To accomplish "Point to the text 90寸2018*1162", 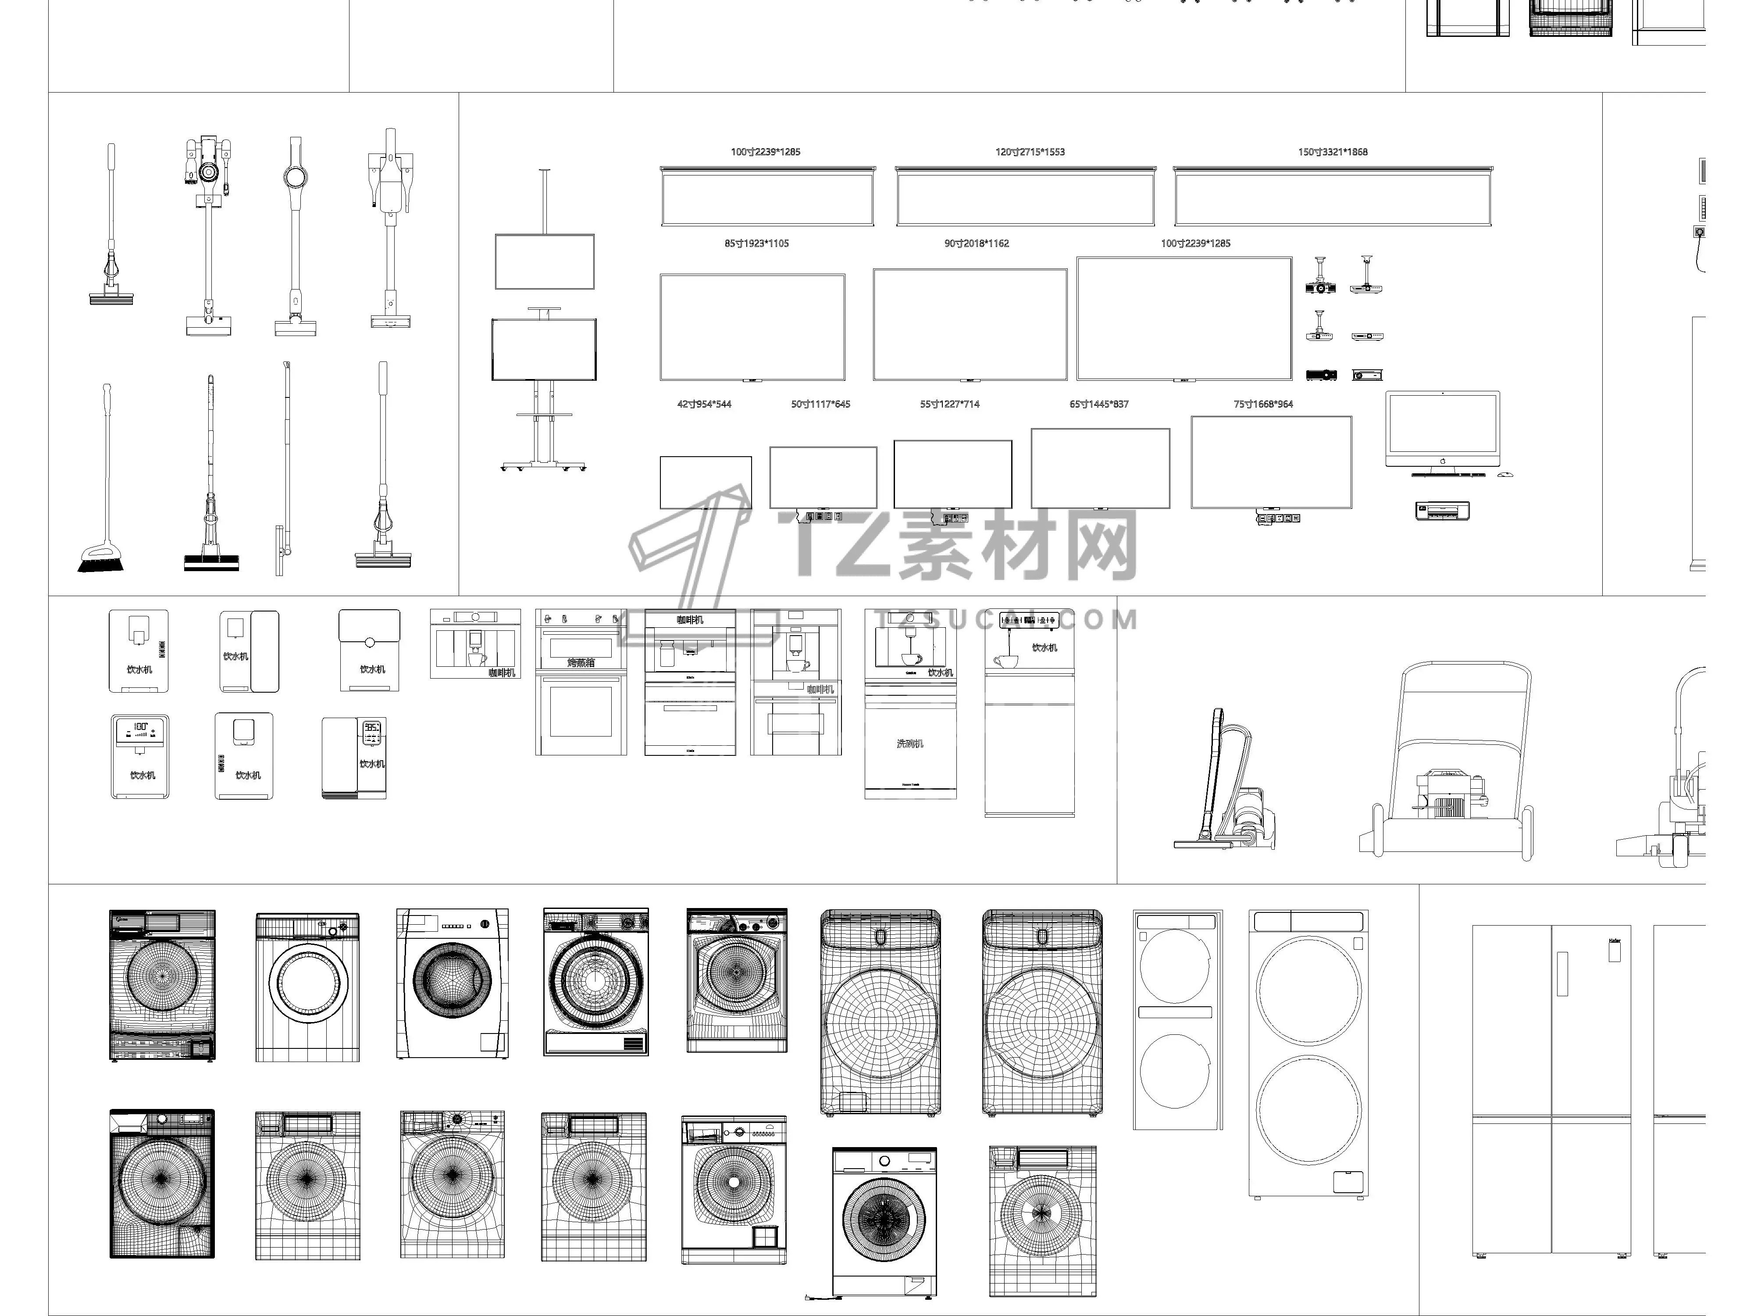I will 976,243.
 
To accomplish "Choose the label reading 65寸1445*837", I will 1098,404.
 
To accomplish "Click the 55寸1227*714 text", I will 949,404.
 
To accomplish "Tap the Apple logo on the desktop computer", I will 1442,460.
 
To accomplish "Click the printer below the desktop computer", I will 1442,511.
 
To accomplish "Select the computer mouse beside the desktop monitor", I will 1504,474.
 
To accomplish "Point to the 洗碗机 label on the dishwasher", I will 909,743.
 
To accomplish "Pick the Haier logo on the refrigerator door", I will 1614,941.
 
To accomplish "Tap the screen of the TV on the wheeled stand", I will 544,350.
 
